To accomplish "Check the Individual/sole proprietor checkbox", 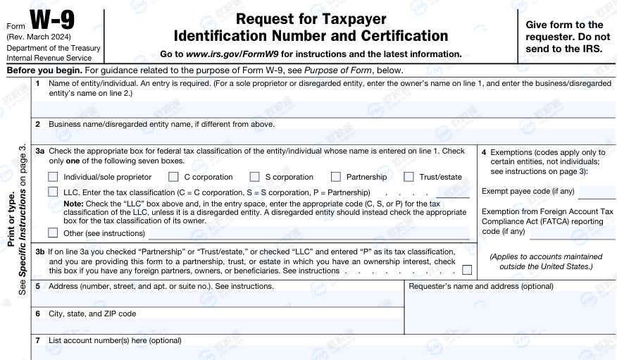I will (53, 177).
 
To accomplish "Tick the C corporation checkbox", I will (173, 177).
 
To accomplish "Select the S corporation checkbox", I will (254, 177).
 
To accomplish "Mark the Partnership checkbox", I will (335, 177).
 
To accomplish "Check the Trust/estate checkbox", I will (409, 177).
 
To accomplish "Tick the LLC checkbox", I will (53, 192).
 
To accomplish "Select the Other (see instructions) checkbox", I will (53, 232).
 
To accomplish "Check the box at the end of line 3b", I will (466, 270).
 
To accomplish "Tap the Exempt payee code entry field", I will (596, 192).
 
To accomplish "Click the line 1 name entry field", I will (324, 108).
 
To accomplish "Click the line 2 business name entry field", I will (324, 136).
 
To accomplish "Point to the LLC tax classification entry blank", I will (452, 192).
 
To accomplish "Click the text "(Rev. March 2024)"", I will (39, 37).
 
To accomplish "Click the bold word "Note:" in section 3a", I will (73, 203).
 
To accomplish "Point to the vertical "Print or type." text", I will (11, 218).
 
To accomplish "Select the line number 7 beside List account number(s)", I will (38, 340).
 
